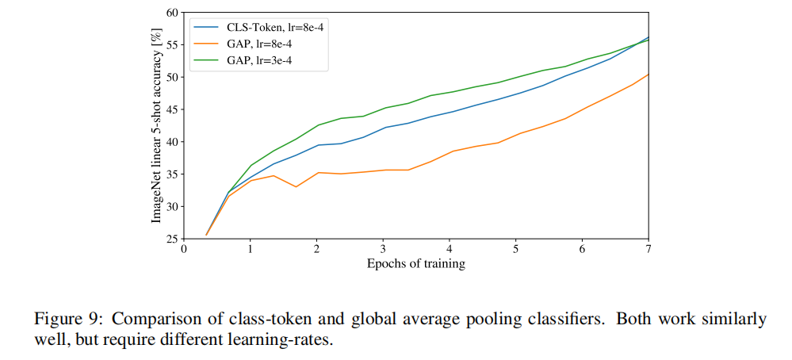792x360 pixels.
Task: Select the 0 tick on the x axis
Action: [184, 249]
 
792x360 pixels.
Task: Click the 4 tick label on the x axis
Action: [450, 249]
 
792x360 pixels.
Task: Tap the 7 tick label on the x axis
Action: [649, 249]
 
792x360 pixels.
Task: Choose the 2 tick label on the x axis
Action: [317, 249]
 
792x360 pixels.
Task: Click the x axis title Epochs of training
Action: [416, 264]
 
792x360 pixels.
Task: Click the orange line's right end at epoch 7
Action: [649, 75]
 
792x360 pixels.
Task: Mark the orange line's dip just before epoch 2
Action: [296, 187]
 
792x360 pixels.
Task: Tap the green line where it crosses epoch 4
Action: [450, 92]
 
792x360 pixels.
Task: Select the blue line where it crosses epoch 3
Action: [383, 128]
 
